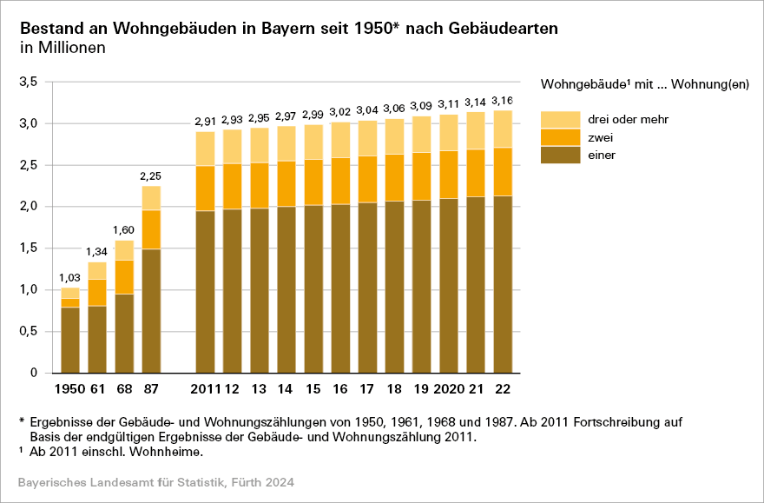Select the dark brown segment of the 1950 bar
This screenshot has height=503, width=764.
coord(70,340)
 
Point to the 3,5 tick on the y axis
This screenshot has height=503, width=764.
coord(29,82)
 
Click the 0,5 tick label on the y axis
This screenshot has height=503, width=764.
coord(29,331)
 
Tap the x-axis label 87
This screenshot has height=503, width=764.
coord(151,387)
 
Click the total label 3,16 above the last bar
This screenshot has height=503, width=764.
coord(502,100)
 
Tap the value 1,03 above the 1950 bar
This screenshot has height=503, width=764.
coord(70,278)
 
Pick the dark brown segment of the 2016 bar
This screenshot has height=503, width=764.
coord(339,288)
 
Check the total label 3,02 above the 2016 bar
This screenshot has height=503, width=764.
coord(339,112)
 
